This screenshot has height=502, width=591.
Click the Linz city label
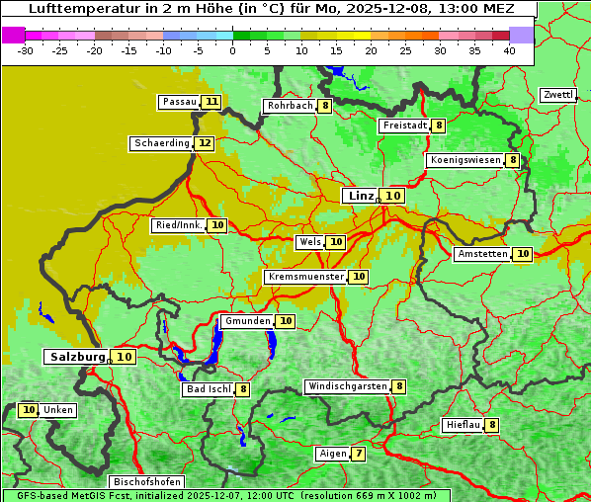[x=360, y=196]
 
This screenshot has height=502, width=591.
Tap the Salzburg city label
[x=78, y=357]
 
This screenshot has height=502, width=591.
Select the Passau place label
[x=180, y=102]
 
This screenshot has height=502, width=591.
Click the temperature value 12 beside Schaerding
[x=205, y=143]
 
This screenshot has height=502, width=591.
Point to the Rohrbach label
[x=290, y=106]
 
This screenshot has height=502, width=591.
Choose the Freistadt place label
[x=404, y=125]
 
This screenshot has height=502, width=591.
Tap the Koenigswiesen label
[x=464, y=160]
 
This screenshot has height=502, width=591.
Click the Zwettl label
[x=557, y=95]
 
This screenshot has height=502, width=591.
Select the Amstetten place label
[x=482, y=254]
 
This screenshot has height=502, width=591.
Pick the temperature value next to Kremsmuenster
[x=359, y=277]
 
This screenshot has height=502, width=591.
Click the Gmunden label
[x=246, y=321]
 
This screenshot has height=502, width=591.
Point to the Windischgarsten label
[x=347, y=386]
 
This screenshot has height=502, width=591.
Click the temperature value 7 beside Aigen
[x=358, y=454]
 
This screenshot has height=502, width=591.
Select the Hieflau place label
[x=463, y=425]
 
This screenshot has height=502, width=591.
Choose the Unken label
[x=58, y=410]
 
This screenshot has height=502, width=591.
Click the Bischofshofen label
[x=146, y=482]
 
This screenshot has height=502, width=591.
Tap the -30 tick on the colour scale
[x=27, y=50]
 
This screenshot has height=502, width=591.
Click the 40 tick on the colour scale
[x=509, y=50]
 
